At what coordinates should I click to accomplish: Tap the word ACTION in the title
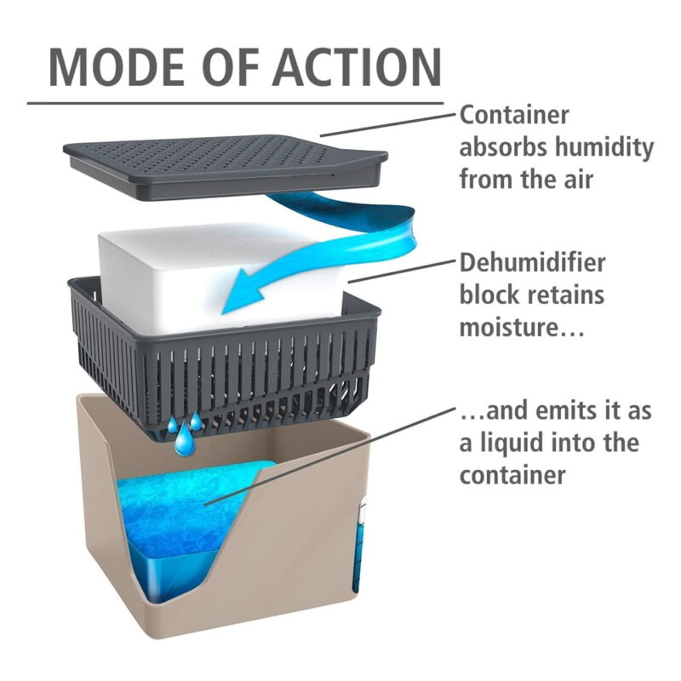pyautogui.click(x=357, y=68)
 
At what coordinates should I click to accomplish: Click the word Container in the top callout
pyautogui.click(x=514, y=115)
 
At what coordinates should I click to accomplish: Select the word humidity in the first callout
pyautogui.click(x=604, y=147)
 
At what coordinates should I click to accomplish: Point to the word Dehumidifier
pyautogui.click(x=532, y=263)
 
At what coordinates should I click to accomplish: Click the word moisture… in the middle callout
pyautogui.click(x=522, y=328)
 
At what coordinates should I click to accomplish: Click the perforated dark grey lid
pyautogui.click(x=226, y=166)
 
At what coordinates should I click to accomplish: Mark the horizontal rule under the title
pyautogui.click(x=236, y=104)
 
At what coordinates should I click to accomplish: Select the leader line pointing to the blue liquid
pyautogui.click(x=330, y=456)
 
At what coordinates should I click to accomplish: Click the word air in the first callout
pyautogui.click(x=579, y=180)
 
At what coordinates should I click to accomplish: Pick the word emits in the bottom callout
pyautogui.click(x=563, y=411)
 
